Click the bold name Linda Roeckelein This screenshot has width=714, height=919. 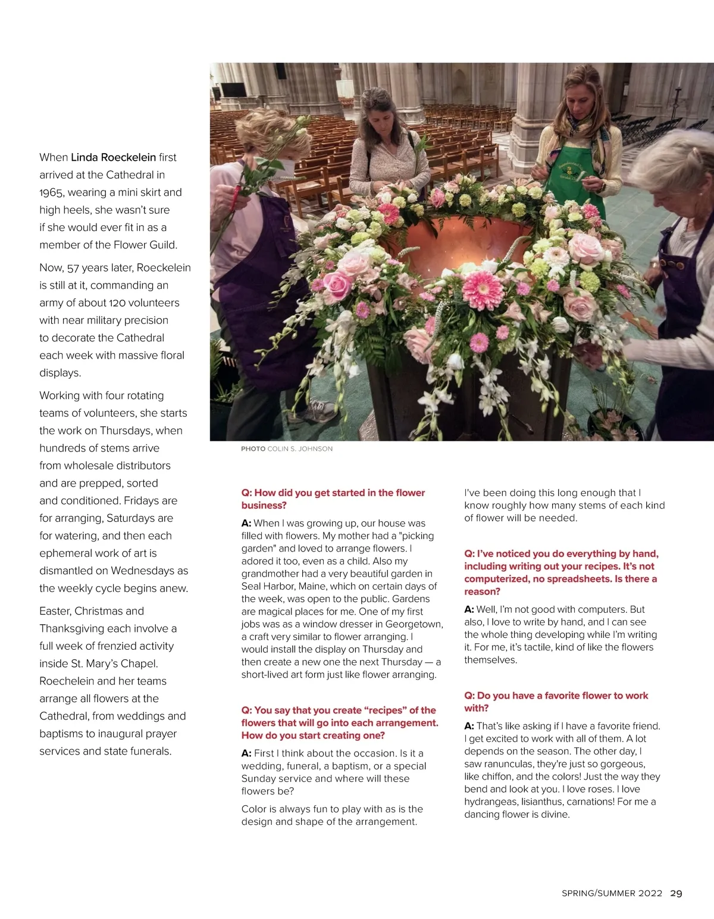click(x=113, y=157)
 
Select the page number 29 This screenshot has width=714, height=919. click(x=676, y=893)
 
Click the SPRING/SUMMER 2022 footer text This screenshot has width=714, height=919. click(x=612, y=893)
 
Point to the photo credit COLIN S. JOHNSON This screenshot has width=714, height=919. click(x=300, y=448)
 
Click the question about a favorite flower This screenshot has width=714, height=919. click(x=556, y=702)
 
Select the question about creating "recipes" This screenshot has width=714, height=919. click(x=339, y=722)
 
